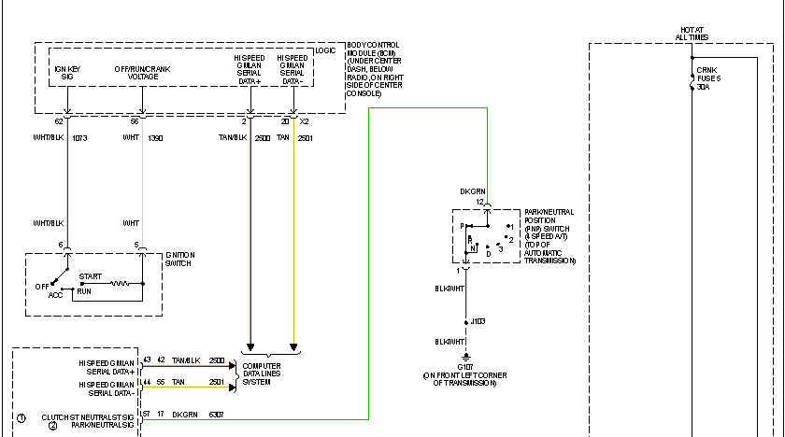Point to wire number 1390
[x=156, y=137]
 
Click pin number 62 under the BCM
[x=58, y=121]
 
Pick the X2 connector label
[x=303, y=121]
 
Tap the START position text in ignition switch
[x=91, y=277]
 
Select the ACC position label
[x=56, y=294]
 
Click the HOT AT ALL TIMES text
[x=692, y=34]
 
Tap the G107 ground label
[x=465, y=367]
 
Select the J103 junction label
[x=478, y=321]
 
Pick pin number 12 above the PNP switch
[x=478, y=202]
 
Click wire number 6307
[x=217, y=415]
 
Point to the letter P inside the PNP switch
[x=462, y=226]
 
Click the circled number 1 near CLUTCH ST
[x=21, y=416]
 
